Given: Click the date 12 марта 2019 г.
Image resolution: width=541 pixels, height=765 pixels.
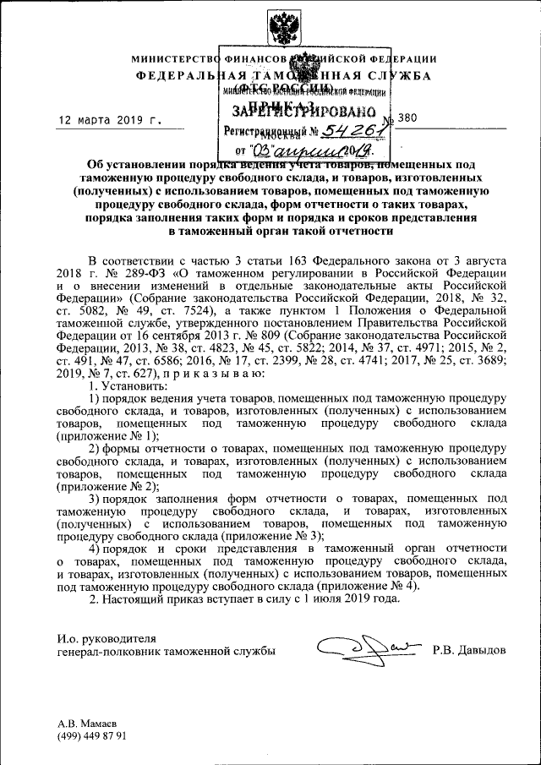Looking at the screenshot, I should tap(109, 121).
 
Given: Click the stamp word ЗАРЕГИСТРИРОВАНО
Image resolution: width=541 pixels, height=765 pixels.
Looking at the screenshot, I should tap(300, 111).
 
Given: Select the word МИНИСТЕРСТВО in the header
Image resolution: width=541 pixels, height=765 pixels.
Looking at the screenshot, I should tap(172, 59).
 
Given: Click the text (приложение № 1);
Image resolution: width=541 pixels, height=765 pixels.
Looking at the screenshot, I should tap(108, 435).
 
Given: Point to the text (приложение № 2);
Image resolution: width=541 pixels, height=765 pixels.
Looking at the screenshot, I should tap(108, 486).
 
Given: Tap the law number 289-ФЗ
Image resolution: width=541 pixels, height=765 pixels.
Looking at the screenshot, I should tap(125, 274).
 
